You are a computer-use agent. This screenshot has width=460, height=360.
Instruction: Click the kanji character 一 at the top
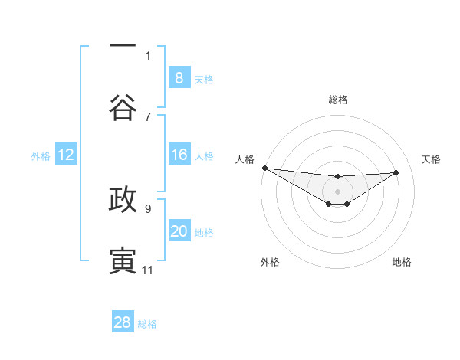click(123, 47)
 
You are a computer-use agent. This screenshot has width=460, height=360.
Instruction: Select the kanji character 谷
click(123, 107)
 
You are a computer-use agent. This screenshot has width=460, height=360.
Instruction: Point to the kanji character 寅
click(123, 260)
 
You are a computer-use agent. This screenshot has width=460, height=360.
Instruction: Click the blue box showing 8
click(179, 77)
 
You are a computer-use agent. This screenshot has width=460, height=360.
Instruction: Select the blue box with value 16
click(179, 155)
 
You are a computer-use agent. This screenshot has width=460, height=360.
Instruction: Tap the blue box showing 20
click(179, 231)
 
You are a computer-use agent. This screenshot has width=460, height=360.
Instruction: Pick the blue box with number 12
click(65, 155)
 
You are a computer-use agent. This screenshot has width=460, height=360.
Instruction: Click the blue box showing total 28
click(122, 322)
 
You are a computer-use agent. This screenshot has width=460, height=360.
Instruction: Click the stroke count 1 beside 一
click(148, 55)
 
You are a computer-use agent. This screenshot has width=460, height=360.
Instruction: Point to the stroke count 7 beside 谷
click(148, 116)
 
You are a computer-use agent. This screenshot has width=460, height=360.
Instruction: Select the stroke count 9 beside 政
click(148, 208)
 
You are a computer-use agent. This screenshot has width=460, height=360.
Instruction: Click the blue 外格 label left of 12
click(41, 155)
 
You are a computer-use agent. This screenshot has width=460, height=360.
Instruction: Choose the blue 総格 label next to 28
click(147, 324)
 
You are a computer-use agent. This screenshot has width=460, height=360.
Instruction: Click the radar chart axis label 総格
click(337, 100)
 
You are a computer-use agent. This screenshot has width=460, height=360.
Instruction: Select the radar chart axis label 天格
click(432, 159)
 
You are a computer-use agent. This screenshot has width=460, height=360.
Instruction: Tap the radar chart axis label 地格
click(402, 262)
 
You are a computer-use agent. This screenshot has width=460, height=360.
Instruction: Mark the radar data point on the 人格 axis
click(264, 168)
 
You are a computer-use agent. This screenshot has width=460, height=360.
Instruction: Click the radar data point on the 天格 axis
click(396, 172)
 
